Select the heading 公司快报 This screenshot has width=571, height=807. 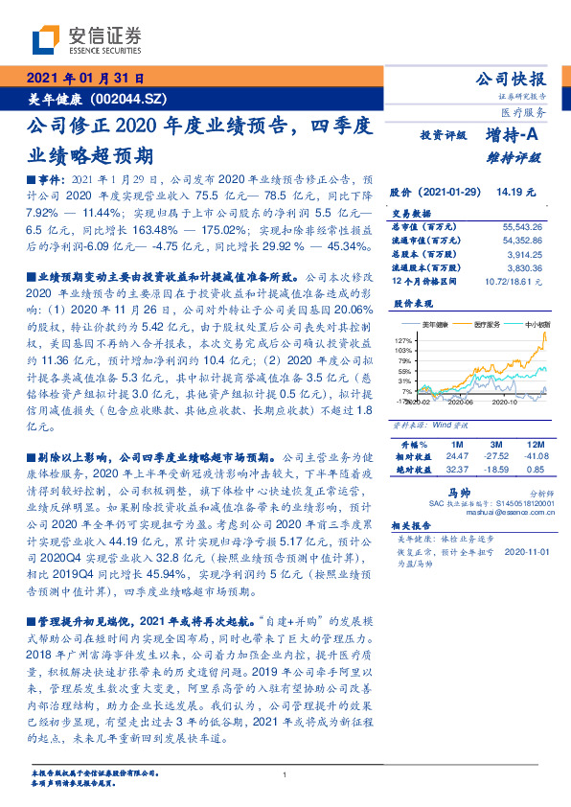click(x=514, y=79)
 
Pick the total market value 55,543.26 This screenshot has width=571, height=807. click(x=521, y=225)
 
